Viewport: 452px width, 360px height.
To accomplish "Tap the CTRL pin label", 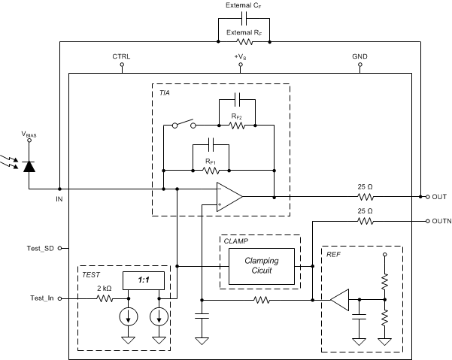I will coord(121,56).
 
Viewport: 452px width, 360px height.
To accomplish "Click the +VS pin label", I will coord(241,56).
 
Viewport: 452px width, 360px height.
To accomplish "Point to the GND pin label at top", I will coord(360,56).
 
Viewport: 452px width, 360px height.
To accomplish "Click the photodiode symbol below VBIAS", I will coord(29,166).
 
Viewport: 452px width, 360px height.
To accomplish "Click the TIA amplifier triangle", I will coord(229,196).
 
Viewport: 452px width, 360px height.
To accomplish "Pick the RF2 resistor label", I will coord(238,116).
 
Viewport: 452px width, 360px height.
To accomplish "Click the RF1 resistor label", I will coord(211,161).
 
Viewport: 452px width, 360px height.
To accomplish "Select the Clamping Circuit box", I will coord(261,265).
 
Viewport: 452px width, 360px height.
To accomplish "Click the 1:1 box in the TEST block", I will coord(142,280).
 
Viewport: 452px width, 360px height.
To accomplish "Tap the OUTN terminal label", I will coord(441,222).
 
